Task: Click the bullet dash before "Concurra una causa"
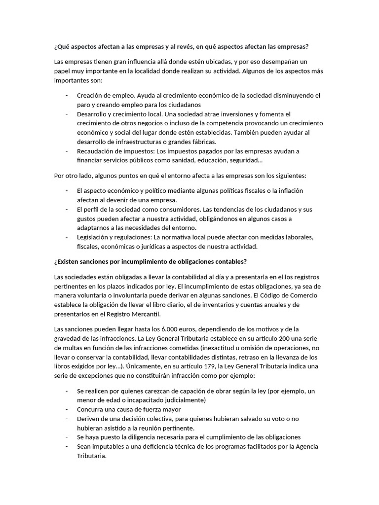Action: click(67, 409)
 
